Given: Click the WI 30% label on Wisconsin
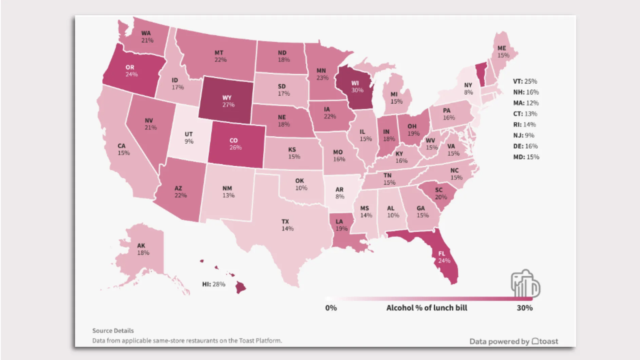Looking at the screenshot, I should tap(356, 87).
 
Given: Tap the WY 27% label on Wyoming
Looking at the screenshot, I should tap(228, 101).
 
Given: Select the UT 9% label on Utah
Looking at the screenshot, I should tap(189, 138).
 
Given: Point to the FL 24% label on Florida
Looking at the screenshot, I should tap(443, 257).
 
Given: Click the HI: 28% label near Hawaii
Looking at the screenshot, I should tap(214, 284).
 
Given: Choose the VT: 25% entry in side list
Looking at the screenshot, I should tap(525, 81).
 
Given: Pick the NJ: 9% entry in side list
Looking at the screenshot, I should tap(524, 135).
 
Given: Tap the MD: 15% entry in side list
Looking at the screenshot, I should tap(526, 157).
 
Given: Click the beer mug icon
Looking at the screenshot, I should tap(525, 284).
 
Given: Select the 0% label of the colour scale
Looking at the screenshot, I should tap(331, 308).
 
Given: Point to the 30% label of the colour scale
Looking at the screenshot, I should tap(524, 308).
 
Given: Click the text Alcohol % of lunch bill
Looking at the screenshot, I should tap(427, 308).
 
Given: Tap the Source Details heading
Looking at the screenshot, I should tap(113, 331).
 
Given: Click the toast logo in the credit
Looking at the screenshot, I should tap(545, 341).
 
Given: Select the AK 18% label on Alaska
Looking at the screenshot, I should tap(143, 249).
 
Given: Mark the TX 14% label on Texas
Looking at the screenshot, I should tap(287, 225).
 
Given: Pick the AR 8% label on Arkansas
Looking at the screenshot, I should tap(339, 193).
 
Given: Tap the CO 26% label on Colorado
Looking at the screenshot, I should tap(235, 144).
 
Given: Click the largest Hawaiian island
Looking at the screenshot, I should tap(241, 288).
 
